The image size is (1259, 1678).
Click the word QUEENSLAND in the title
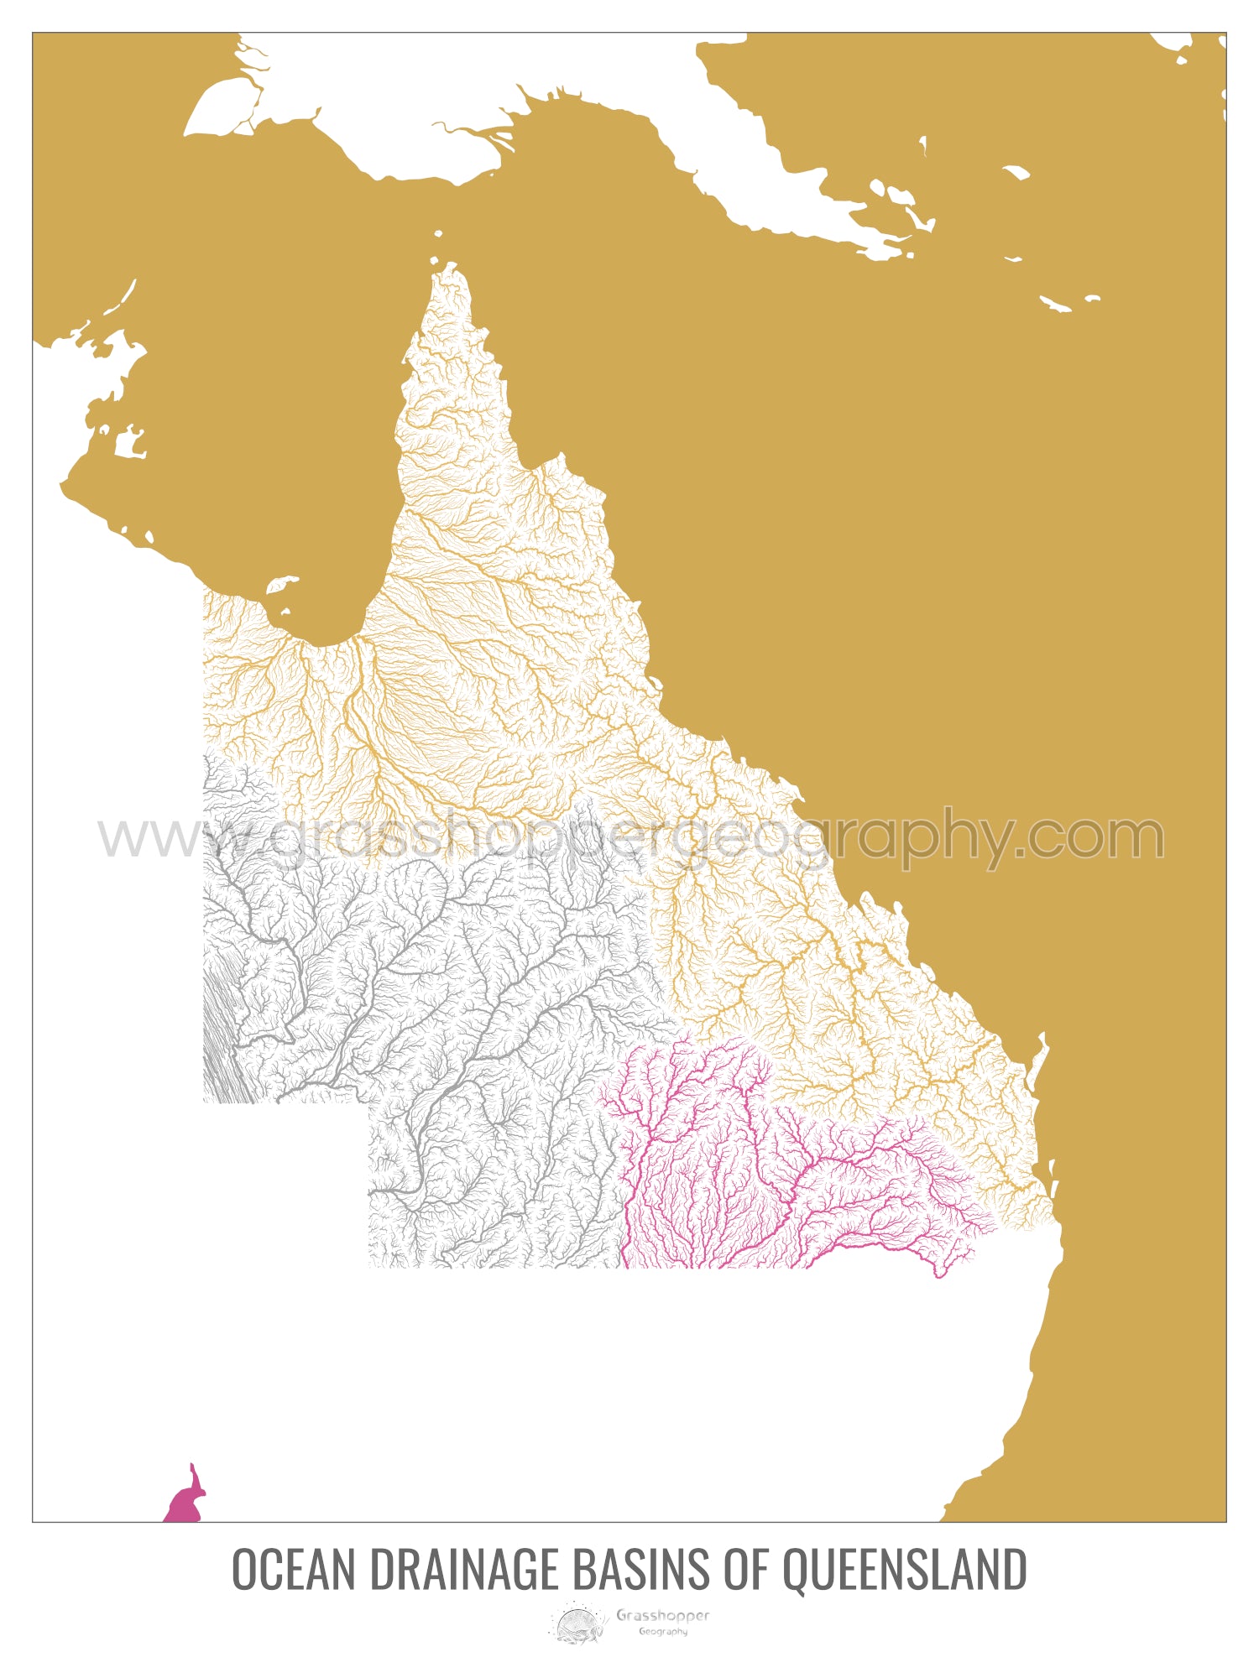[x=904, y=1570]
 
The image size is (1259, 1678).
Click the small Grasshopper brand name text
[x=662, y=1615]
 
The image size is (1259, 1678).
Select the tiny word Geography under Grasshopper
[x=663, y=1632]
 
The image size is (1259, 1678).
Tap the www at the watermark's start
[x=151, y=837]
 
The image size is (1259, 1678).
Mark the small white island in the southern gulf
[x=282, y=584]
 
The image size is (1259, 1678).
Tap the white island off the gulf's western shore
[x=130, y=442]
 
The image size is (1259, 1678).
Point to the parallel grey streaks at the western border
[x=222, y=1040]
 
